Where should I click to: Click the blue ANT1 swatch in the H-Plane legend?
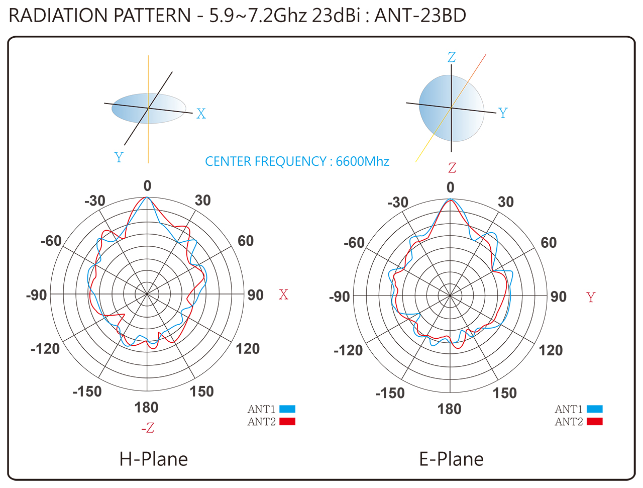tap(287, 409)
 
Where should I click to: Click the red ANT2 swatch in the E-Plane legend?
tap(594, 421)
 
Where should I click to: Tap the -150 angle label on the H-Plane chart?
tap(87, 391)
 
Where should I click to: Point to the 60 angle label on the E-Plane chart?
tap(549, 243)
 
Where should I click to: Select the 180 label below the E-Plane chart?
tap(450, 409)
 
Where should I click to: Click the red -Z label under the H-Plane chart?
tap(148, 428)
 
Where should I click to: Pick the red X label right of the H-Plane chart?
tap(284, 295)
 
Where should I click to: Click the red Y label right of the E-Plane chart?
tap(591, 298)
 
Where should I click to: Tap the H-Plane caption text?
tap(154, 459)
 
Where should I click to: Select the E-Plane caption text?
tap(451, 459)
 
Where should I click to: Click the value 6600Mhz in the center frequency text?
tap(363, 161)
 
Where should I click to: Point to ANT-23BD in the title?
tap(420, 16)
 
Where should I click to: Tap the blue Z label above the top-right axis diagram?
tap(452, 57)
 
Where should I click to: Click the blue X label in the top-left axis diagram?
tap(201, 114)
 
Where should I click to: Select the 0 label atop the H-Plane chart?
tap(147, 186)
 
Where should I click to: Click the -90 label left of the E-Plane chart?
tap(339, 297)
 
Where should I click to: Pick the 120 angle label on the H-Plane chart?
tap(248, 348)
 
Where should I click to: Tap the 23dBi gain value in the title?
tap(336, 16)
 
